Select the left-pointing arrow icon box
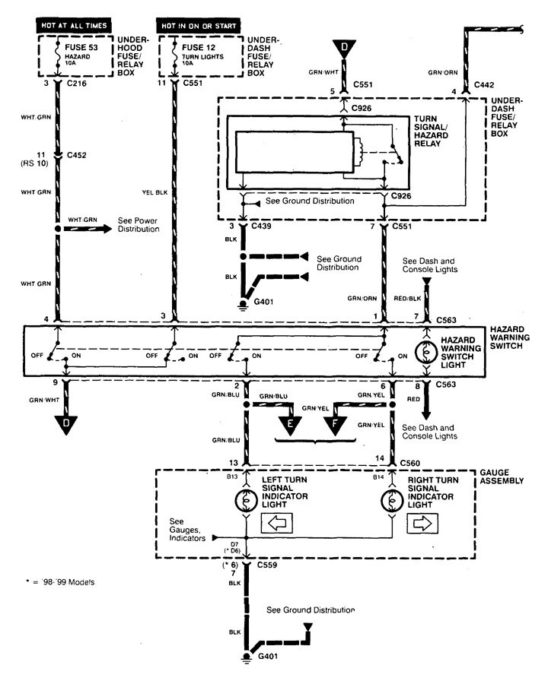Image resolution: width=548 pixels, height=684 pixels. tap(276, 524)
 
